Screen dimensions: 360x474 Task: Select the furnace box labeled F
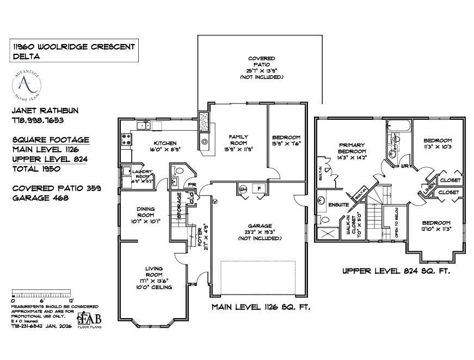point(260,190)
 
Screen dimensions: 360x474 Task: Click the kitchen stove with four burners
point(126,140)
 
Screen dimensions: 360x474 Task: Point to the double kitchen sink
point(144,126)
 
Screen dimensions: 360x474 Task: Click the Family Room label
point(238,140)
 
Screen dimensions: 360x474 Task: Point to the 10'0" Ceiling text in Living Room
point(154,287)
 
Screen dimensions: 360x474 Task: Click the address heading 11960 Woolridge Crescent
point(73,47)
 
